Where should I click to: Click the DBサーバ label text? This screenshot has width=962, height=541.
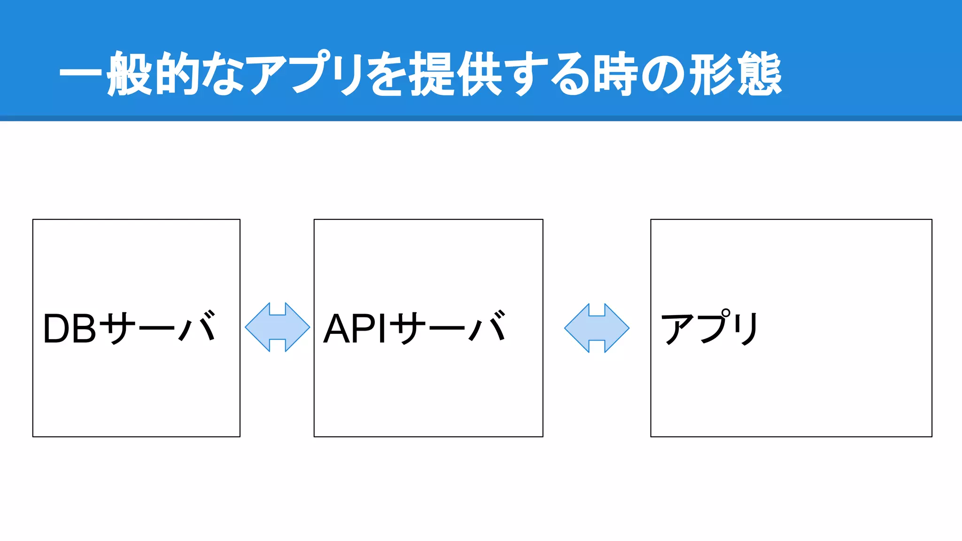tap(130, 328)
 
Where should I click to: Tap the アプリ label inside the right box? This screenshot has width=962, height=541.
tap(709, 328)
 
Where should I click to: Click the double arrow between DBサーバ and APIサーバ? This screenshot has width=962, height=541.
tap(278, 327)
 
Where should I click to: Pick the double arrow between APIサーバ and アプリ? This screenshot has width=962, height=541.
tap(597, 328)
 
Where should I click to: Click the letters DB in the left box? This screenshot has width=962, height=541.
tap(70, 329)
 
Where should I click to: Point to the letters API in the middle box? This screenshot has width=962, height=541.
tap(355, 329)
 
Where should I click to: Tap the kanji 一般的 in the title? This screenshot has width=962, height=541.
tap(127, 74)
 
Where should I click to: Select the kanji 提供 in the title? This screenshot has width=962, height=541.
tap(456, 74)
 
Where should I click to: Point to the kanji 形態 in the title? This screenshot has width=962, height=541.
tap(736, 74)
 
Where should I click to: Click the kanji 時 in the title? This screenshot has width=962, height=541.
tap(615, 74)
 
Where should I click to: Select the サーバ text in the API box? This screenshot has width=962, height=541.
tap(449, 328)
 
